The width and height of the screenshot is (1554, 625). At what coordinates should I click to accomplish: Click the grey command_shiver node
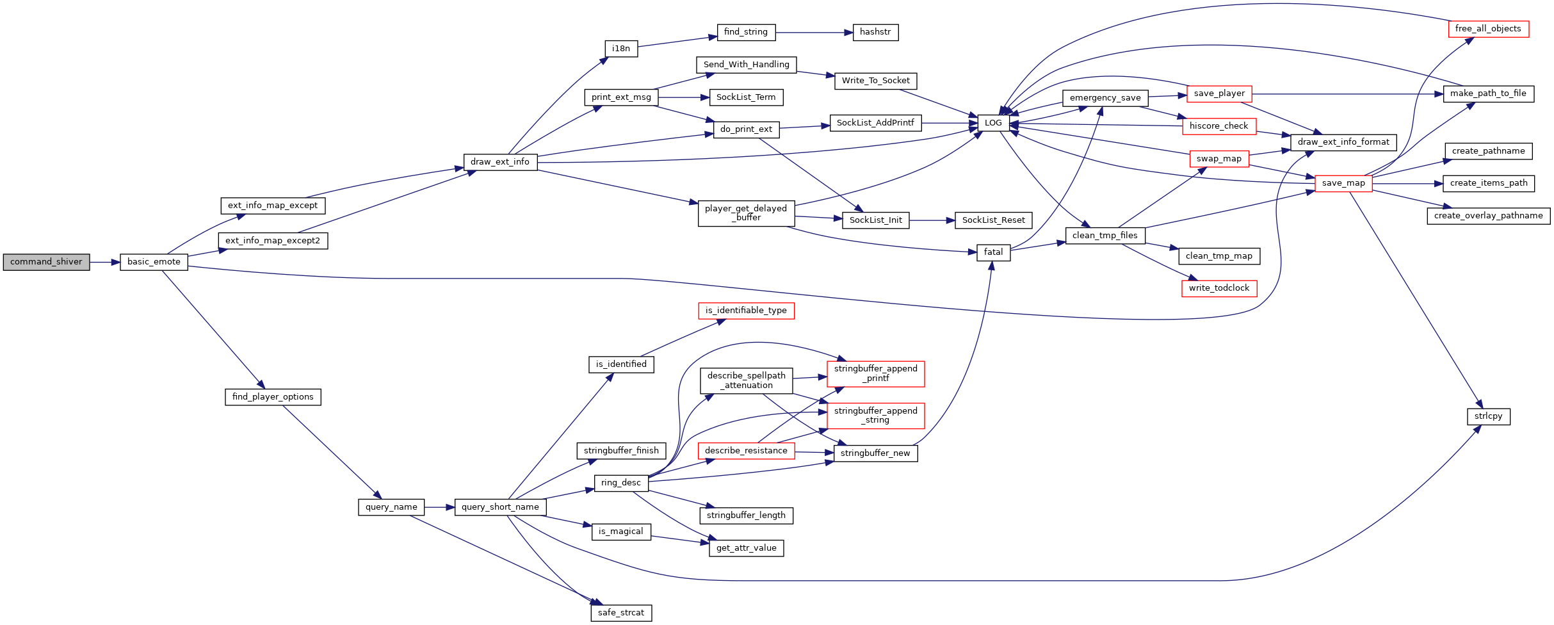coord(46,262)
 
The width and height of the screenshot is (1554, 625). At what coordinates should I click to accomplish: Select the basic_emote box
coord(154,262)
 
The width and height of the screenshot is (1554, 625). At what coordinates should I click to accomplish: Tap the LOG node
coord(993,123)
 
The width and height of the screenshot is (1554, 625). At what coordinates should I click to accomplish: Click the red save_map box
coord(1343,183)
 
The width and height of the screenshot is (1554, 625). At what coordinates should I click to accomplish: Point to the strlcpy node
coord(1488,416)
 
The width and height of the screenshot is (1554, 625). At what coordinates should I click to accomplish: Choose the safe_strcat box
coord(621,613)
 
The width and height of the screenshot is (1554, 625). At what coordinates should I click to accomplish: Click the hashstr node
coord(875,32)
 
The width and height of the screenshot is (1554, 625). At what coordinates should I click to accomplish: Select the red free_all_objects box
coord(1488,29)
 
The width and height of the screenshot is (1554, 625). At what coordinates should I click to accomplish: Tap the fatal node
coord(993,252)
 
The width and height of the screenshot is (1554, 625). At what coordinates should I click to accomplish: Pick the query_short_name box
coord(500,507)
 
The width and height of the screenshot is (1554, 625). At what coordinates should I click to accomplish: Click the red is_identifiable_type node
coord(746,311)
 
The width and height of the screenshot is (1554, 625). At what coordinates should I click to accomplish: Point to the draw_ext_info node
coord(500,162)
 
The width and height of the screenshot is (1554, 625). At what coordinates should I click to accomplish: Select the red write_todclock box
coord(1219,288)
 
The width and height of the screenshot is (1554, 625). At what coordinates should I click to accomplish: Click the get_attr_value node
coord(746,548)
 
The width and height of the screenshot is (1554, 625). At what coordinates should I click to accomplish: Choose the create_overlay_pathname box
coord(1488,216)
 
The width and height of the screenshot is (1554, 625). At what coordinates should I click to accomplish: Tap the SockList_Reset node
coord(993,220)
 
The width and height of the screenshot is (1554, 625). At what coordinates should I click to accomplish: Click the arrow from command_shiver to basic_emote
coord(105,262)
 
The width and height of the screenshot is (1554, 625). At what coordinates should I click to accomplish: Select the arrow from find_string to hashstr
coord(814,32)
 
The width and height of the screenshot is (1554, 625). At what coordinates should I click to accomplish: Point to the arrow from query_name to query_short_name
coord(439,507)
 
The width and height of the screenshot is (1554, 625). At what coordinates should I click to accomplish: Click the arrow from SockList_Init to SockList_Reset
coord(932,220)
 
